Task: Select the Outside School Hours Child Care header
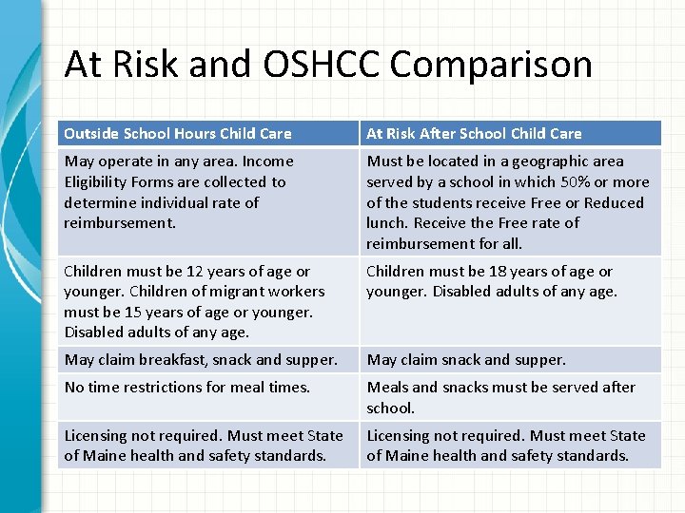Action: (178, 133)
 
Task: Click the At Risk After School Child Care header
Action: (474, 133)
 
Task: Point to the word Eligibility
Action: (97, 182)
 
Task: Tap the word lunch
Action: (388, 223)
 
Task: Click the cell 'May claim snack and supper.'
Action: (466, 360)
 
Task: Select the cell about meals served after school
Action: (500, 397)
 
